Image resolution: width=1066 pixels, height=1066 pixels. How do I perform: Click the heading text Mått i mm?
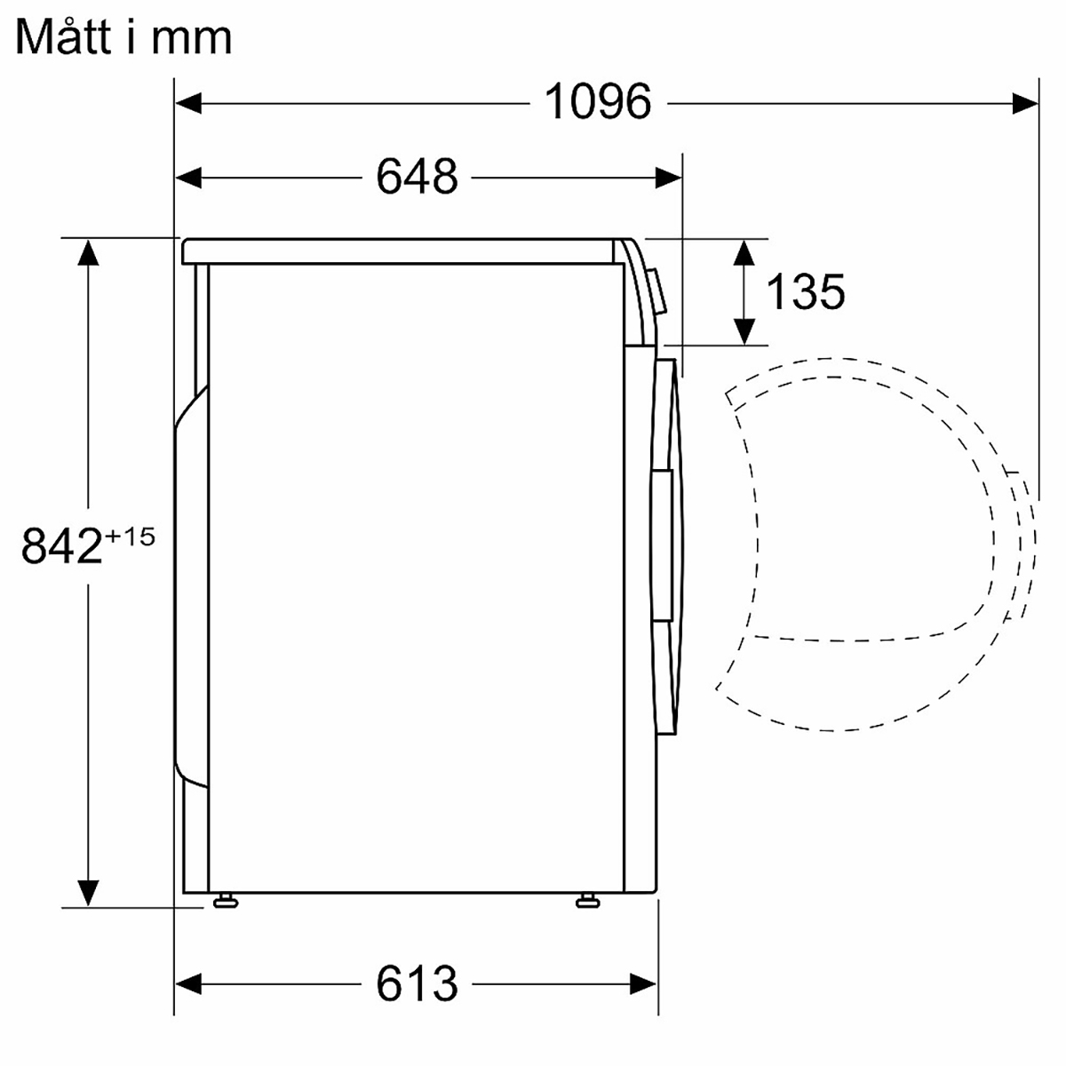(x=123, y=37)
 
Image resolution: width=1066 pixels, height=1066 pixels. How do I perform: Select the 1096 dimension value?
(x=598, y=102)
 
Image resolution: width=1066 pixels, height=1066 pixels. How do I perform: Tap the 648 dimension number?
(x=418, y=177)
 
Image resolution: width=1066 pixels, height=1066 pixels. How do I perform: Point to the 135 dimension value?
(x=806, y=291)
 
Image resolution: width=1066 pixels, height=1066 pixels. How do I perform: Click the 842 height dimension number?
(x=62, y=545)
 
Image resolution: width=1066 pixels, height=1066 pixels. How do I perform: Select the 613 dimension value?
(x=418, y=984)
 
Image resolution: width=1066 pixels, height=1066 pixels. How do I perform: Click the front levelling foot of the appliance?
(x=587, y=901)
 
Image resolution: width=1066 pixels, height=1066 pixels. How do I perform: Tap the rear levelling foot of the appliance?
(x=225, y=901)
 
